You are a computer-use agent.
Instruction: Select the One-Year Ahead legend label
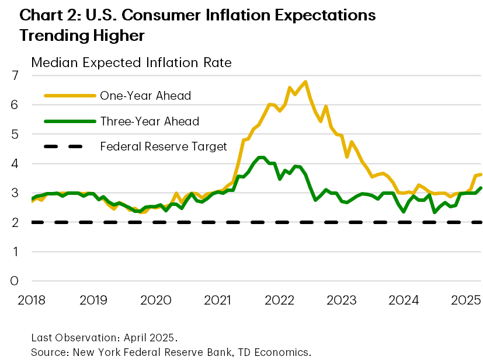[145, 96]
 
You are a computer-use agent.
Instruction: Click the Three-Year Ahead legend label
[150, 121]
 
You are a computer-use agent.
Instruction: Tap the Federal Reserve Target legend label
[164, 146]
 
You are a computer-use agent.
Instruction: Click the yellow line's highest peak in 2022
[305, 82]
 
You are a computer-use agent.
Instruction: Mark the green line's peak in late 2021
[261, 158]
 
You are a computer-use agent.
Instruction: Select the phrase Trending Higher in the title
[82, 35]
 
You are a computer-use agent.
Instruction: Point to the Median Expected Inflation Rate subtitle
[131, 62]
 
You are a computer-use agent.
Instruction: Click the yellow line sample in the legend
[68, 96]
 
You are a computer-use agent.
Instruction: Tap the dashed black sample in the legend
[68, 146]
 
